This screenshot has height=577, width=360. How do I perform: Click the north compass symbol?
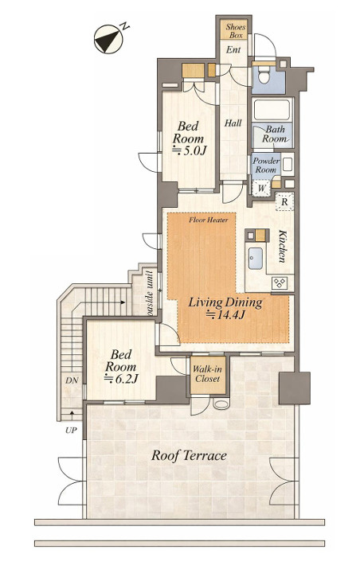coord(108,39)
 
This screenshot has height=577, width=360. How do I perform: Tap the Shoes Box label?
coord(236,30)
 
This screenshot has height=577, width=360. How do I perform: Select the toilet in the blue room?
coord(263,75)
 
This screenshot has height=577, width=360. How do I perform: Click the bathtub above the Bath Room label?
coord(272,109)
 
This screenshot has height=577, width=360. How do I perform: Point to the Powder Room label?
coord(266,166)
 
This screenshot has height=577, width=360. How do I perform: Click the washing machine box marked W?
coord(261,189)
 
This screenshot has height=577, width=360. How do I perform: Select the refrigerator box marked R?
coord(284,201)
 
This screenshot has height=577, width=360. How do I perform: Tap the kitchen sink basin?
coord(256,258)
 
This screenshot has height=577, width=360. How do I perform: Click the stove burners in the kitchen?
coord(279,283)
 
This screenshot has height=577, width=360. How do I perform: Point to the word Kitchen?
coord(282,246)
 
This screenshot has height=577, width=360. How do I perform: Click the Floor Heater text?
coord(209,220)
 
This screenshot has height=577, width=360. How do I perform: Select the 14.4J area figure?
coord(225,315)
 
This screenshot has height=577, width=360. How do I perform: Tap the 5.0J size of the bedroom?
coord(190,150)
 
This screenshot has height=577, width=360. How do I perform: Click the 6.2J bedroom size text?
coord(121,379)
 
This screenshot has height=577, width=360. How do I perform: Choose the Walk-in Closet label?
coord(207,374)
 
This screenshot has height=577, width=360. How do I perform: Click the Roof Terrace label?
coord(190,456)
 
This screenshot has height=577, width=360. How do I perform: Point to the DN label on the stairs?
coord(72,380)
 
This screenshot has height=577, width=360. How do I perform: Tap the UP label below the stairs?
coord(71,431)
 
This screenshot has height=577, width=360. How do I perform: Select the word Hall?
coord(233,123)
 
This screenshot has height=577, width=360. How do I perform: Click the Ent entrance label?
coord(233,49)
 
